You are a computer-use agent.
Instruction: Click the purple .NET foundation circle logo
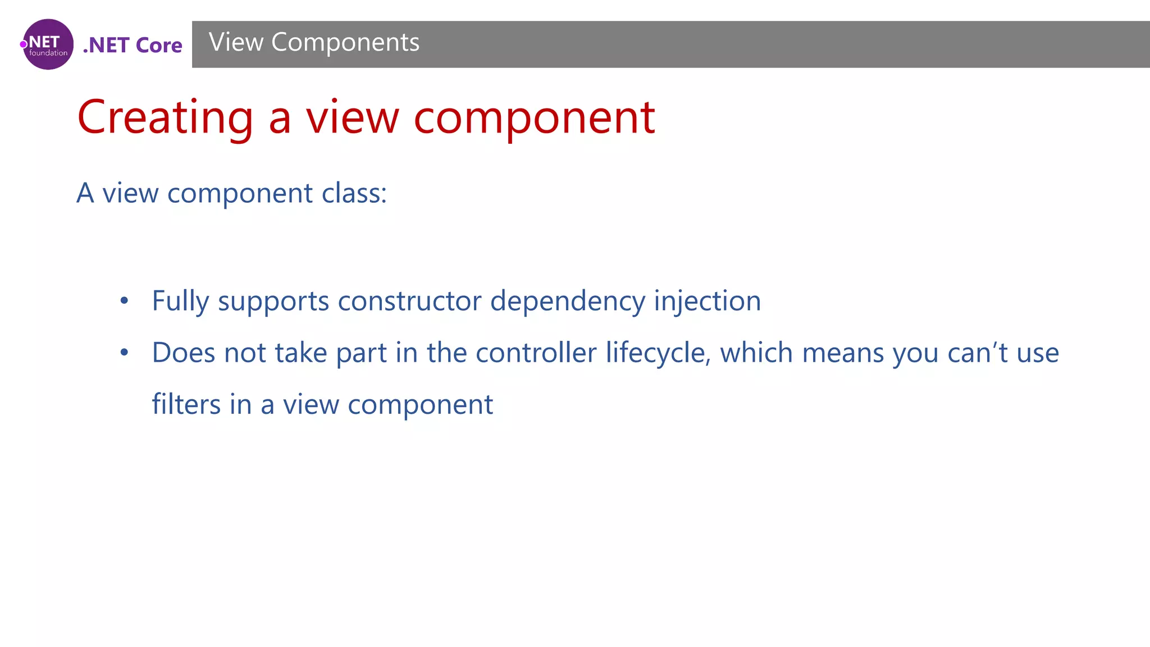point(48,44)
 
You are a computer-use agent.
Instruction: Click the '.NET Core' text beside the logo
point(133,45)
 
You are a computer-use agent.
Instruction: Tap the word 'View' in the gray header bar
point(236,42)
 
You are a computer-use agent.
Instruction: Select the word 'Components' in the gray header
point(345,43)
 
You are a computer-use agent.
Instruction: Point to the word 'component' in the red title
point(534,118)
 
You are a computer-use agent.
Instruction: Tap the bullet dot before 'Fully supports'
point(124,301)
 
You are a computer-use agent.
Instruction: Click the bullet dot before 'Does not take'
point(124,353)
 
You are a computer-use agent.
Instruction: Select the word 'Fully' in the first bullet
point(180,302)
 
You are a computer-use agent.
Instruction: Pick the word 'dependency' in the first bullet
point(567,302)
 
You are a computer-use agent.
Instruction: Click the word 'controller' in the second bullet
point(536,353)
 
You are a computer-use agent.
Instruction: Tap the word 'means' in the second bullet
point(842,353)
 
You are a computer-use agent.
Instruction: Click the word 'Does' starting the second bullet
point(184,353)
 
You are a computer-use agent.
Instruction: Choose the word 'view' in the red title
point(352,118)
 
